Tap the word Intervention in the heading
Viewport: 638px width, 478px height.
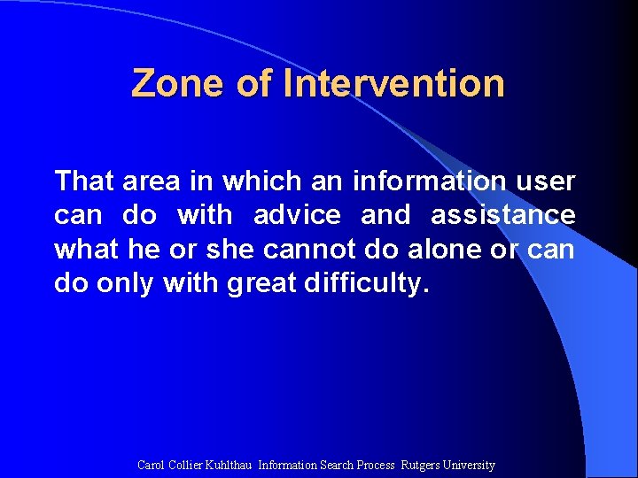(394, 84)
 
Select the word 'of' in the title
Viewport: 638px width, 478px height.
(255, 84)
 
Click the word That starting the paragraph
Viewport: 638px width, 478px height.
(84, 181)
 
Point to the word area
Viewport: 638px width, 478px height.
(152, 181)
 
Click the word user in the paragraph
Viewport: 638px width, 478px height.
(546, 181)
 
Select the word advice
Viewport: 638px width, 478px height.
(297, 215)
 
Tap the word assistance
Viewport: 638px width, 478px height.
(502, 215)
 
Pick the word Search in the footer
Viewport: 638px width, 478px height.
(336, 465)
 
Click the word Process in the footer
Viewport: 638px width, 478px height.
(376, 465)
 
